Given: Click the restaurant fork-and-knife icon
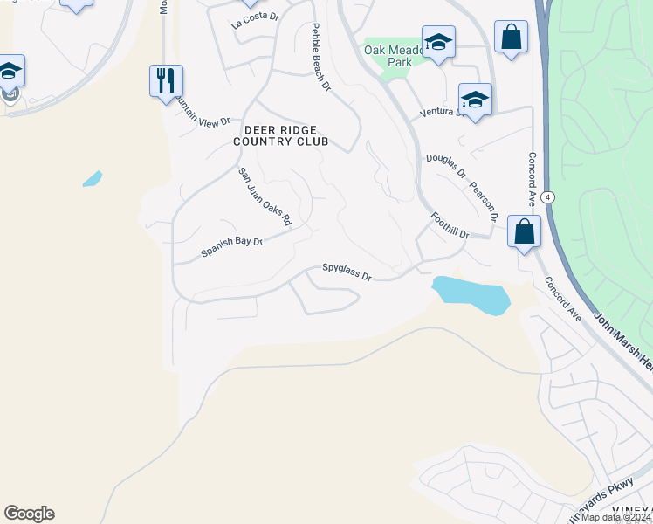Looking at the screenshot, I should tap(166, 80).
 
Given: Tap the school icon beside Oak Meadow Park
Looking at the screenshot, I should tap(438, 42).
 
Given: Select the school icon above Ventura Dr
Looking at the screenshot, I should tap(475, 100).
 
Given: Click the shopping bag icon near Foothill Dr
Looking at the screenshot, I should tap(524, 231).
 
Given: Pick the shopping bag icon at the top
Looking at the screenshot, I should tap(511, 38).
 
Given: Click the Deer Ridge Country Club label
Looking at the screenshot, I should tap(280, 134).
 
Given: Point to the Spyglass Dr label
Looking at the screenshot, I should tap(347, 272).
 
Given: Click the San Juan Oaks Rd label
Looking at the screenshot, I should tap(265, 198).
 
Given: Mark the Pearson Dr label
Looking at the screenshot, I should tap(483, 202).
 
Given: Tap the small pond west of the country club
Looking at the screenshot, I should tap(92, 179).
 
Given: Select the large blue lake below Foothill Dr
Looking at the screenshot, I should tap(471, 294).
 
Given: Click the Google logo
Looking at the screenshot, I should tap(29, 514).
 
